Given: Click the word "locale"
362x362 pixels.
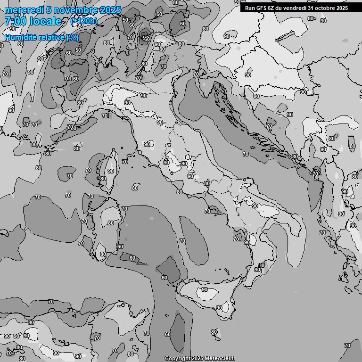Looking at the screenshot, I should pos(45,21).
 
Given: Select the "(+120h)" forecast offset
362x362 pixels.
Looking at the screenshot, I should pos(84,21).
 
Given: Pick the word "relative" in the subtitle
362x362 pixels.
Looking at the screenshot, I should pos(51,37).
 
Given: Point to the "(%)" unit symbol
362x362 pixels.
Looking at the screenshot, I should pos(73,37).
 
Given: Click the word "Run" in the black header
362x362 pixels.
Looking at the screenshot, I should pos(250,8).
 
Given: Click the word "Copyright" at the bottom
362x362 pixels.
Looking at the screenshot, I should pos(177,358).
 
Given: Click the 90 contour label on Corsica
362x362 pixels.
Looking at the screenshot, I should pos(111,171).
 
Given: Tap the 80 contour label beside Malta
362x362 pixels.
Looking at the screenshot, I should pos(214,332).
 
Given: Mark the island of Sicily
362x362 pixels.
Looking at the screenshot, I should pos(207,297).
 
